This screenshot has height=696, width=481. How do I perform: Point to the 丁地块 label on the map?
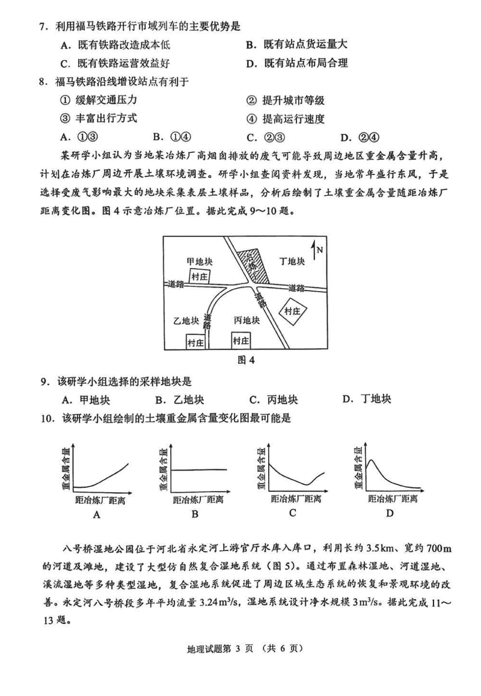(293, 261)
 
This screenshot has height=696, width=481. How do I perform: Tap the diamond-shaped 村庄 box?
(293, 311)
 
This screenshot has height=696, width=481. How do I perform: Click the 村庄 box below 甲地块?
(199, 276)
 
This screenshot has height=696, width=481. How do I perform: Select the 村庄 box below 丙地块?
(241, 340)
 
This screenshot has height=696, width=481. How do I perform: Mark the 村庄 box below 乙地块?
(195, 342)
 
